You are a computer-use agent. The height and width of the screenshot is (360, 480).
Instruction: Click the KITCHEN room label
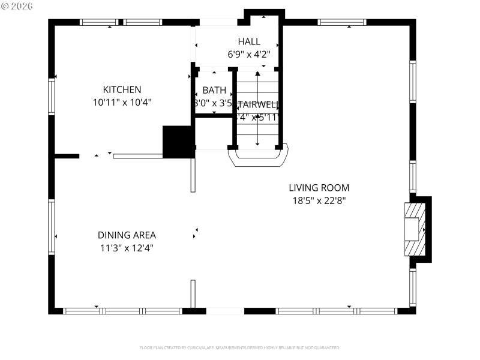(122, 89)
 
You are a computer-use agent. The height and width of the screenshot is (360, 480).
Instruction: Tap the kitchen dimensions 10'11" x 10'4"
(122, 103)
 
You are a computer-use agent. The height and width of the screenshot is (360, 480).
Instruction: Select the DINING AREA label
(127, 235)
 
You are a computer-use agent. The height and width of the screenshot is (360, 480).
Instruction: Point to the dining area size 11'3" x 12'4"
(127, 248)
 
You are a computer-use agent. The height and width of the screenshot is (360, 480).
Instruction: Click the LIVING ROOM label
(319, 188)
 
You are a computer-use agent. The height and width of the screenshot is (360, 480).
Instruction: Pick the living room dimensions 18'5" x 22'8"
(319, 200)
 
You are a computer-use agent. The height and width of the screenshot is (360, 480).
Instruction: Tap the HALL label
(249, 41)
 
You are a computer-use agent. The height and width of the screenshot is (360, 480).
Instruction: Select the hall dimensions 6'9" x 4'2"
(249, 54)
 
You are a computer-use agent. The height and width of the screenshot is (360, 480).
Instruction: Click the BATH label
(214, 90)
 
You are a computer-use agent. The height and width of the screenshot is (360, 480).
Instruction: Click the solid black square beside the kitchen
(178, 142)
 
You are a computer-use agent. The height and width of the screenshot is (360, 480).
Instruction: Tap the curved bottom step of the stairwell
(257, 157)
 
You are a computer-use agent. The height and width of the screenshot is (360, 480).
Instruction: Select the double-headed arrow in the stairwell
(257, 109)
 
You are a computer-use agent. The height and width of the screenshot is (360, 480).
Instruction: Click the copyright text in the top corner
(17, 5)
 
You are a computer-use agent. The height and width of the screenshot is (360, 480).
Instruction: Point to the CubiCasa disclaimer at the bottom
(240, 347)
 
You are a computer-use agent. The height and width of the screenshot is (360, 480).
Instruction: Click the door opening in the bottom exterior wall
(225, 311)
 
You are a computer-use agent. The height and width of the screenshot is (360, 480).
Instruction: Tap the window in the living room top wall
(342, 22)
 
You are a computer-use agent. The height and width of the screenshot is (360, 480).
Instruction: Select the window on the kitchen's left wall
(52, 97)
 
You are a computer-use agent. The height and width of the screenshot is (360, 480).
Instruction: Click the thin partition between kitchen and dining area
(138, 156)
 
